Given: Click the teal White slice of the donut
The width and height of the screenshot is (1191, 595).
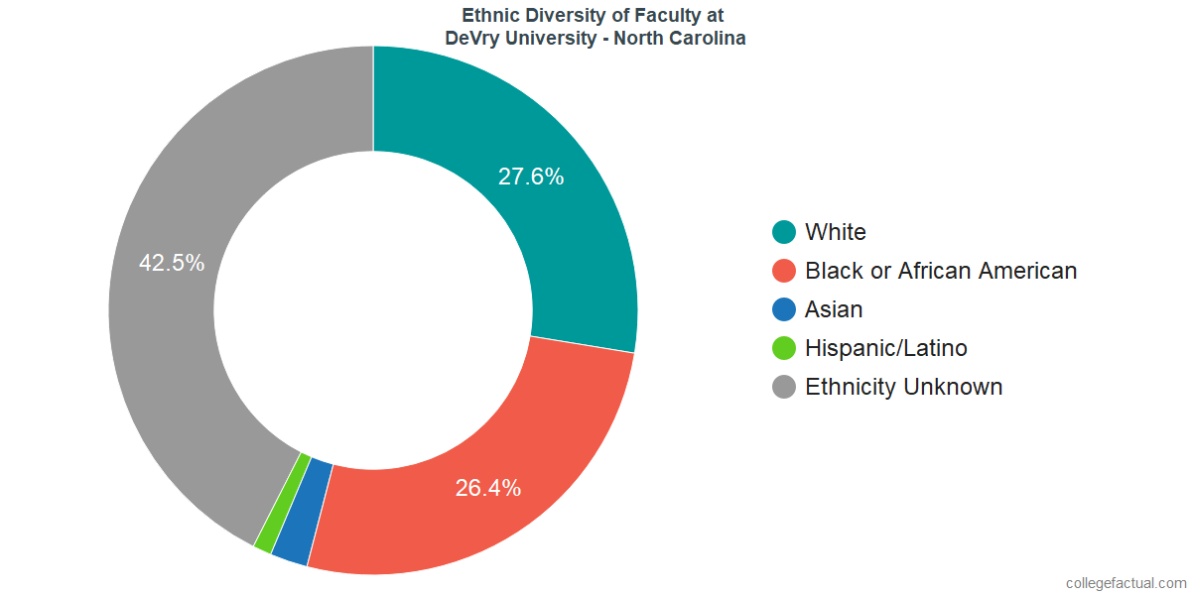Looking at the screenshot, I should [556, 228].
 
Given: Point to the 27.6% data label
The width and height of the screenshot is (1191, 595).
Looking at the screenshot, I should [531, 178].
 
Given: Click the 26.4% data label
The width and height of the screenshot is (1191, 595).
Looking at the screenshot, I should [488, 488].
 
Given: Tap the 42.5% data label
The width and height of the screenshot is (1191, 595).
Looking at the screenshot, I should [172, 263].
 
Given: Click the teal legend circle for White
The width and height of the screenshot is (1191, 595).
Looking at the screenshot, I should [784, 232].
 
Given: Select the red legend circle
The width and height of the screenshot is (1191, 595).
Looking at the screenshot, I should [784, 271].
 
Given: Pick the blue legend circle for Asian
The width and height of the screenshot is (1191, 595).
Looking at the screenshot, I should [784, 309].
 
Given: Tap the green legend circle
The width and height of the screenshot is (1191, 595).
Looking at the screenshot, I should [784, 348].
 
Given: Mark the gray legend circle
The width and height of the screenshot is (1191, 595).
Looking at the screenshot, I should [784, 387].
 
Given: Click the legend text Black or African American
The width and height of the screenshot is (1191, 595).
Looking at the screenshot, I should [940, 271].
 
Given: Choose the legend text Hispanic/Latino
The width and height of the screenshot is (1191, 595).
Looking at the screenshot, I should [885, 348].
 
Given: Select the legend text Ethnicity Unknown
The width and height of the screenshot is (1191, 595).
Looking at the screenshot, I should [903, 387].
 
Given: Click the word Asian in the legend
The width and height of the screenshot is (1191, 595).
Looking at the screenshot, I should [834, 309].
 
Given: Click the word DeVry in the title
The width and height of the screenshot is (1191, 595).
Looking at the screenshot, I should [470, 39].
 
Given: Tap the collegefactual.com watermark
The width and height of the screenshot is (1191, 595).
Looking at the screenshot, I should [1125, 582].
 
